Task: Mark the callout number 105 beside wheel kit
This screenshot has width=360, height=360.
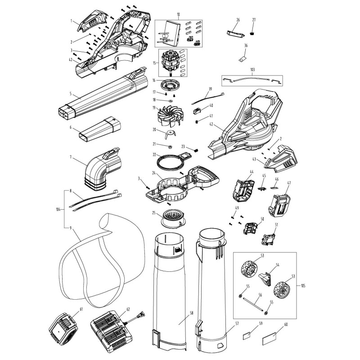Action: [x=303, y=285]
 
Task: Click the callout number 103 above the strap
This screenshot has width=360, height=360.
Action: [x=252, y=71]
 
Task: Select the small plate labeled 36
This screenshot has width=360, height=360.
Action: [x=243, y=58]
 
